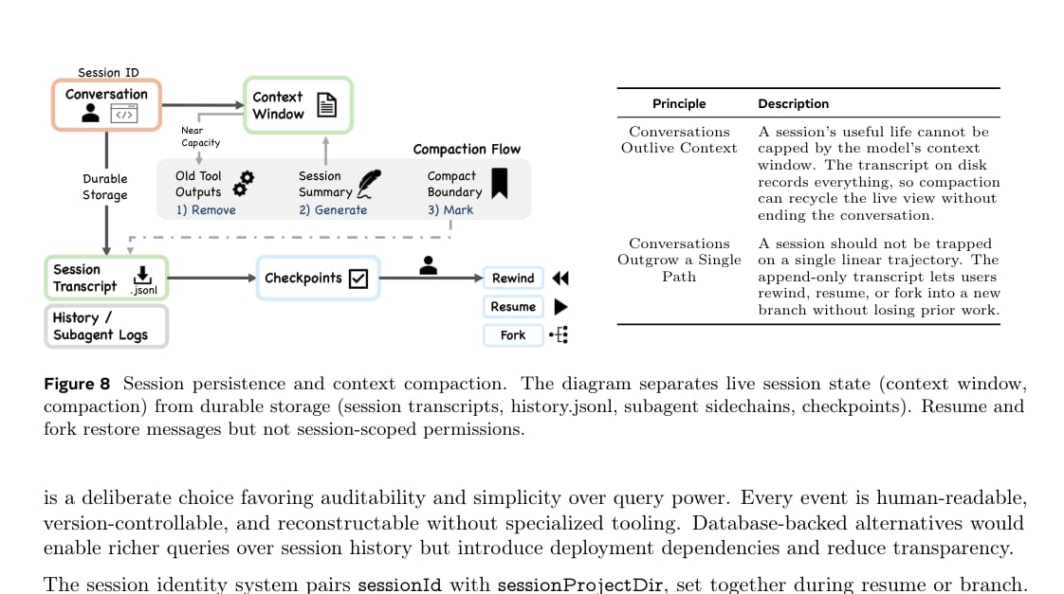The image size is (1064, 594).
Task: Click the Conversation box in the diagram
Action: pyautogui.click(x=106, y=105)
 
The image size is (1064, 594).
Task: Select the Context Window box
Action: pyautogui.click(x=298, y=105)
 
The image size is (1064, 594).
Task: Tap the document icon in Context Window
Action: pyautogui.click(x=327, y=105)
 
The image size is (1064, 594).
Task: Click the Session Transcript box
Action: pyautogui.click(x=106, y=278)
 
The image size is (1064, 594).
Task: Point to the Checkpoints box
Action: pyautogui.click(x=318, y=278)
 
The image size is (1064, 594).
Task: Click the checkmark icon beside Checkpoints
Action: pyautogui.click(x=358, y=279)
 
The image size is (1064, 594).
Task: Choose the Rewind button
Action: pyautogui.click(x=513, y=278)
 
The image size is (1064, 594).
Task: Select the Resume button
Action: pyautogui.click(x=513, y=307)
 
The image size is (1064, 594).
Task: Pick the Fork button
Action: pyautogui.click(x=513, y=335)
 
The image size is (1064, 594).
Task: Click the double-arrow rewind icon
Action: pyautogui.click(x=560, y=278)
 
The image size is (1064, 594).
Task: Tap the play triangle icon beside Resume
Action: pyautogui.click(x=560, y=307)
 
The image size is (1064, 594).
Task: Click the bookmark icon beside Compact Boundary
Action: pyautogui.click(x=500, y=183)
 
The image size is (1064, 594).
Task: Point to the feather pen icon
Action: pyautogui.click(x=369, y=183)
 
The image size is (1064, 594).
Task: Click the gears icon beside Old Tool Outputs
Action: pyautogui.click(x=243, y=184)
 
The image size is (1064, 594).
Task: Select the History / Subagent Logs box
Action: pyautogui.click(x=106, y=326)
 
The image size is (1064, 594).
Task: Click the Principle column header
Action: pyautogui.click(x=679, y=104)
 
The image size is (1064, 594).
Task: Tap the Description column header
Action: pyautogui.click(x=793, y=104)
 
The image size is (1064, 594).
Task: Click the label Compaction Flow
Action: pyautogui.click(x=467, y=149)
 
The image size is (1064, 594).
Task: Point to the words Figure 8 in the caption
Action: pyautogui.click(x=77, y=384)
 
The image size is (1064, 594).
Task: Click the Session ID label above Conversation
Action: pyautogui.click(x=108, y=73)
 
